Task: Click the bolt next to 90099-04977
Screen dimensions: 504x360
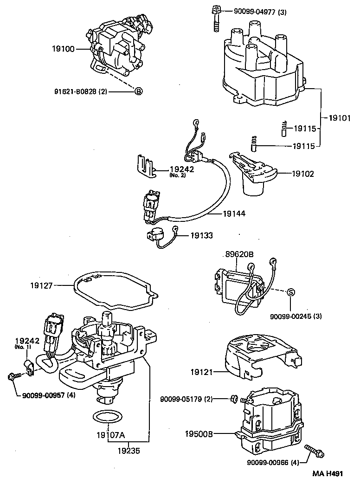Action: tap(216, 19)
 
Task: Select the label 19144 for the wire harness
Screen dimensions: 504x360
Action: tap(234, 214)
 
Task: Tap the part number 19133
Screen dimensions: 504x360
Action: tap(201, 236)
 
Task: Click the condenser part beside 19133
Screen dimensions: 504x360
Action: tap(155, 236)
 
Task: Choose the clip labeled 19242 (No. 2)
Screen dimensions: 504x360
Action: tap(146, 166)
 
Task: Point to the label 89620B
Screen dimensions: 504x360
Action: tap(239, 254)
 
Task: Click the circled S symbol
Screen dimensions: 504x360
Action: tap(290, 292)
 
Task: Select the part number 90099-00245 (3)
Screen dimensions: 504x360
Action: tap(296, 317)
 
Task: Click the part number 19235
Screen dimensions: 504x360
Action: tap(129, 450)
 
